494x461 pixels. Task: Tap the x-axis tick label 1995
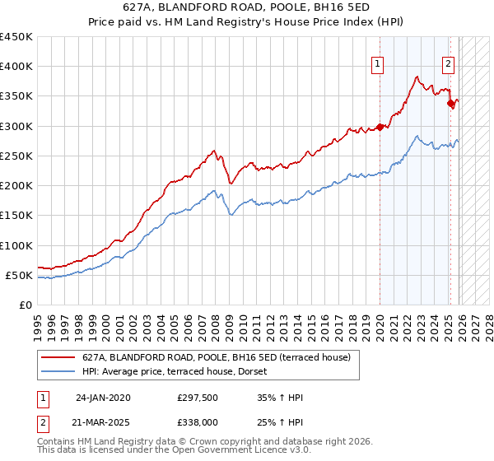click(37, 321)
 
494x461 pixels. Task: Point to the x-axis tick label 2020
click(380, 321)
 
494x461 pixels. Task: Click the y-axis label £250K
click(16, 156)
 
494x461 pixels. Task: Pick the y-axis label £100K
click(16, 245)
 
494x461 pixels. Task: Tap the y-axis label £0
click(26, 305)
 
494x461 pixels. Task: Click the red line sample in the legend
click(58, 357)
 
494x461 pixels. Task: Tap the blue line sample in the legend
click(58, 371)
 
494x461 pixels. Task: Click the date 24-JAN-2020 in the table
click(103, 398)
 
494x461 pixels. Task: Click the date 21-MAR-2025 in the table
click(103, 421)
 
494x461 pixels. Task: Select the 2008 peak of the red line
click(214, 151)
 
